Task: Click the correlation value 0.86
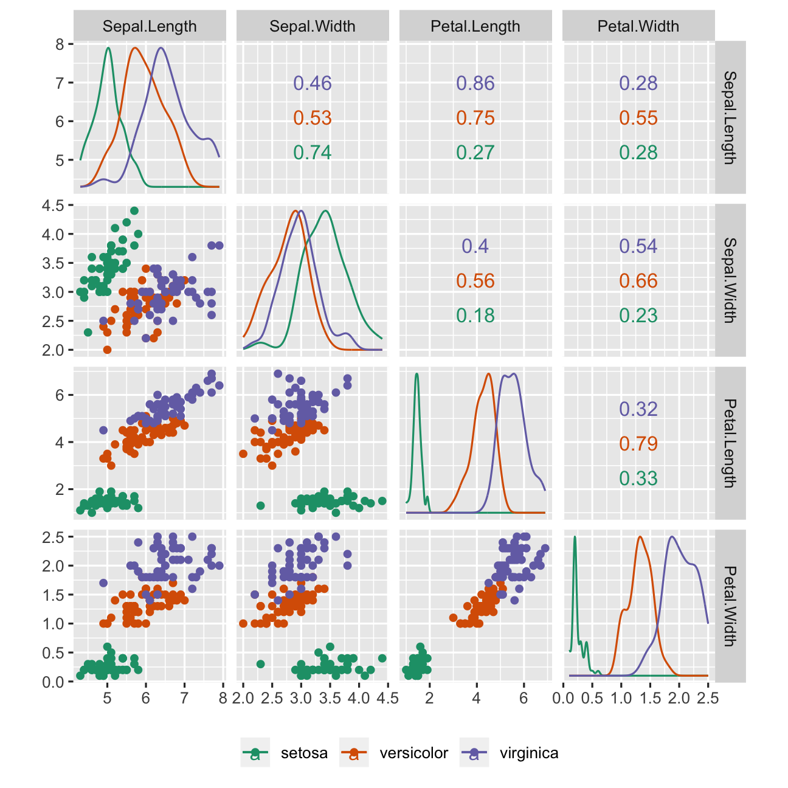tap(475, 83)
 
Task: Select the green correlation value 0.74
tap(313, 153)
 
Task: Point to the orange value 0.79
tap(638, 444)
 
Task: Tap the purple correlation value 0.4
tap(475, 246)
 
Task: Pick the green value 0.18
tap(475, 316)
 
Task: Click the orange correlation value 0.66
tap(638, 281)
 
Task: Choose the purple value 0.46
tap(313, 83)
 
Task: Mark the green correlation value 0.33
tap(638, 479)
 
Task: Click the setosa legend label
tap(304, 753)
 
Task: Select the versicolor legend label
tap(413, 753)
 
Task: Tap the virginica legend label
tap(529, 753)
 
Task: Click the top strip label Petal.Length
tap(475, 26)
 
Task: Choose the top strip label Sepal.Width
tap(313, 26)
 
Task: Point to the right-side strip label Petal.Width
tap(730, 606)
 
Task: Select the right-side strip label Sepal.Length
tap(730, 117)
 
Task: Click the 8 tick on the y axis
tap(60, 44)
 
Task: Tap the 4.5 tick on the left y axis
tap(54, 206)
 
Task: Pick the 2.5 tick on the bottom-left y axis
tap(54, 537)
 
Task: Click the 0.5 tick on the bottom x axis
tap(592, 698)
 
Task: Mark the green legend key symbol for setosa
tap(256, 753)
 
